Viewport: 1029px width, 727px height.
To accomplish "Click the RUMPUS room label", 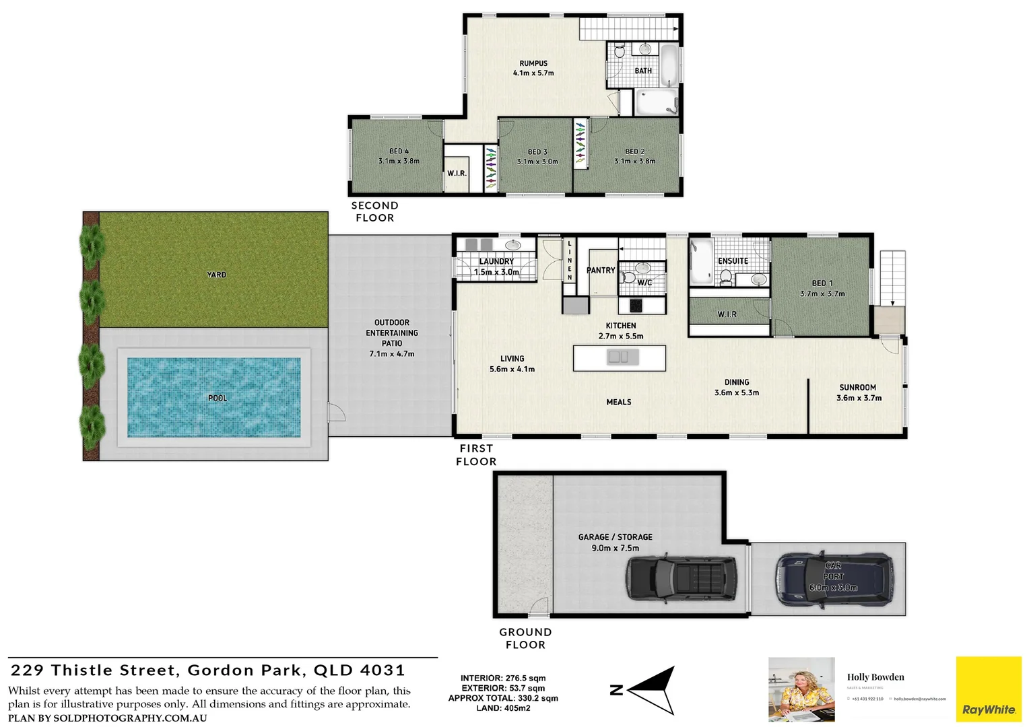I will click(533, 63).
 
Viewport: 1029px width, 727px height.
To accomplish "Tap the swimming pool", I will click(214, 397).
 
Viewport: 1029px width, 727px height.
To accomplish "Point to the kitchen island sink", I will click(618, 357).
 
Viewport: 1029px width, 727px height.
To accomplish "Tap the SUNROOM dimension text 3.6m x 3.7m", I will click(859, 398).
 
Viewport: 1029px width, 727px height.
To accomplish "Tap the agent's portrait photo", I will click(801, 690).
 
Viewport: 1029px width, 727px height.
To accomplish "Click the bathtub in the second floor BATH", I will click(669, 65).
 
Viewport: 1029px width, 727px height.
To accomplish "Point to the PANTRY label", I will click(601, 271).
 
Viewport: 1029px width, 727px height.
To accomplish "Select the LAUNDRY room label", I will click(496, 261).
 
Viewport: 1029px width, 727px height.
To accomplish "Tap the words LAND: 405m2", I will click(503, 708).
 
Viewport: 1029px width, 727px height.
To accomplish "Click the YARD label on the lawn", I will click(217, 275).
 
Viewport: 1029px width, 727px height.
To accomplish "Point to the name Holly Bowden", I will click(875, 677).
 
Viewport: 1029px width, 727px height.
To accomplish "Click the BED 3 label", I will click(537, 152).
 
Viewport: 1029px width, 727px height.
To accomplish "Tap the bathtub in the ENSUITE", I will click(700, 263).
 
